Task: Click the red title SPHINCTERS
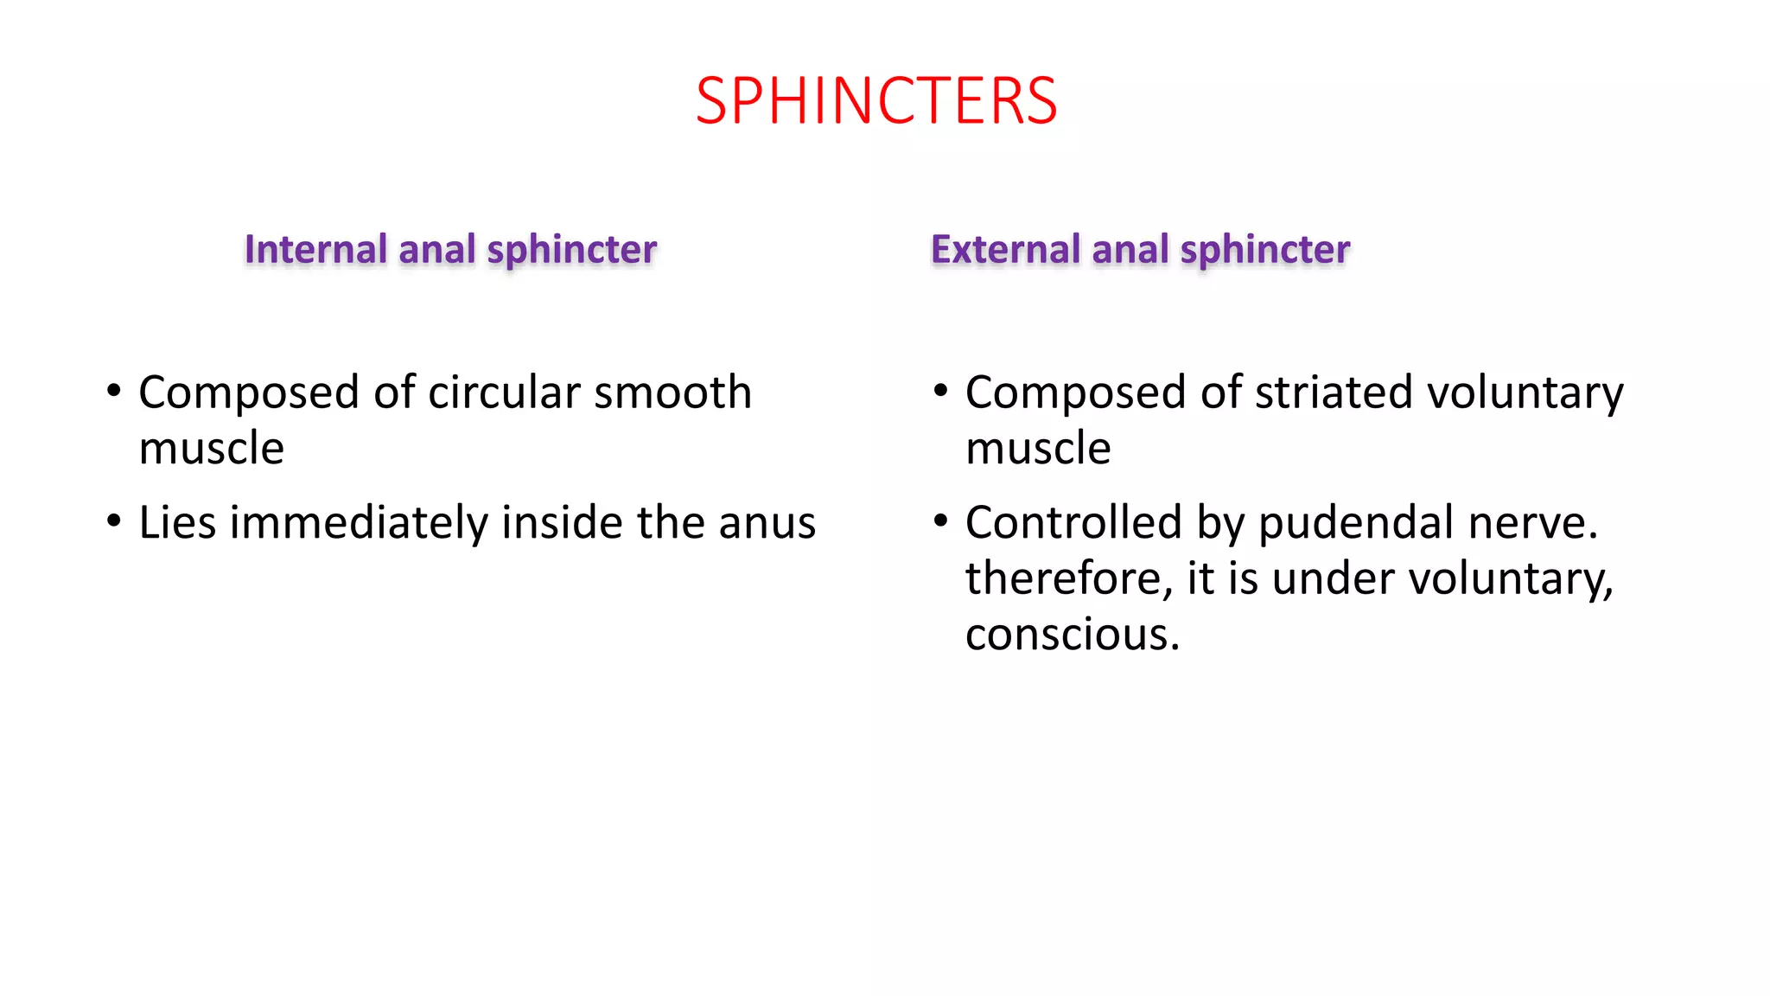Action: [875, 101]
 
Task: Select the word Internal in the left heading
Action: [315, 249]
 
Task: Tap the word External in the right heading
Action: [1005, 249]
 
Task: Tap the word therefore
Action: [1068, 578]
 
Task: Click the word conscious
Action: [1072, 635]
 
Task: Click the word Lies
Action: [177, 523]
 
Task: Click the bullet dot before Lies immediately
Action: [114, 521]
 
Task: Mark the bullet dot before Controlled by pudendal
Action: [941, 521]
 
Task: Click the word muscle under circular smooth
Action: [211, 449]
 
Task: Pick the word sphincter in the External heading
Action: [1264, 250]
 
